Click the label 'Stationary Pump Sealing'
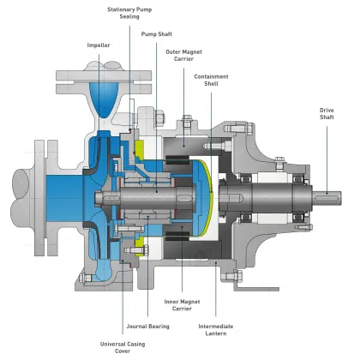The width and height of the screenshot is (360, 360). [x=129, y=14]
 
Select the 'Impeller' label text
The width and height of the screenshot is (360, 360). [x=99, y=45]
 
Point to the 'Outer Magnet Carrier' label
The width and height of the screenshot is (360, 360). [x=184, y=56]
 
